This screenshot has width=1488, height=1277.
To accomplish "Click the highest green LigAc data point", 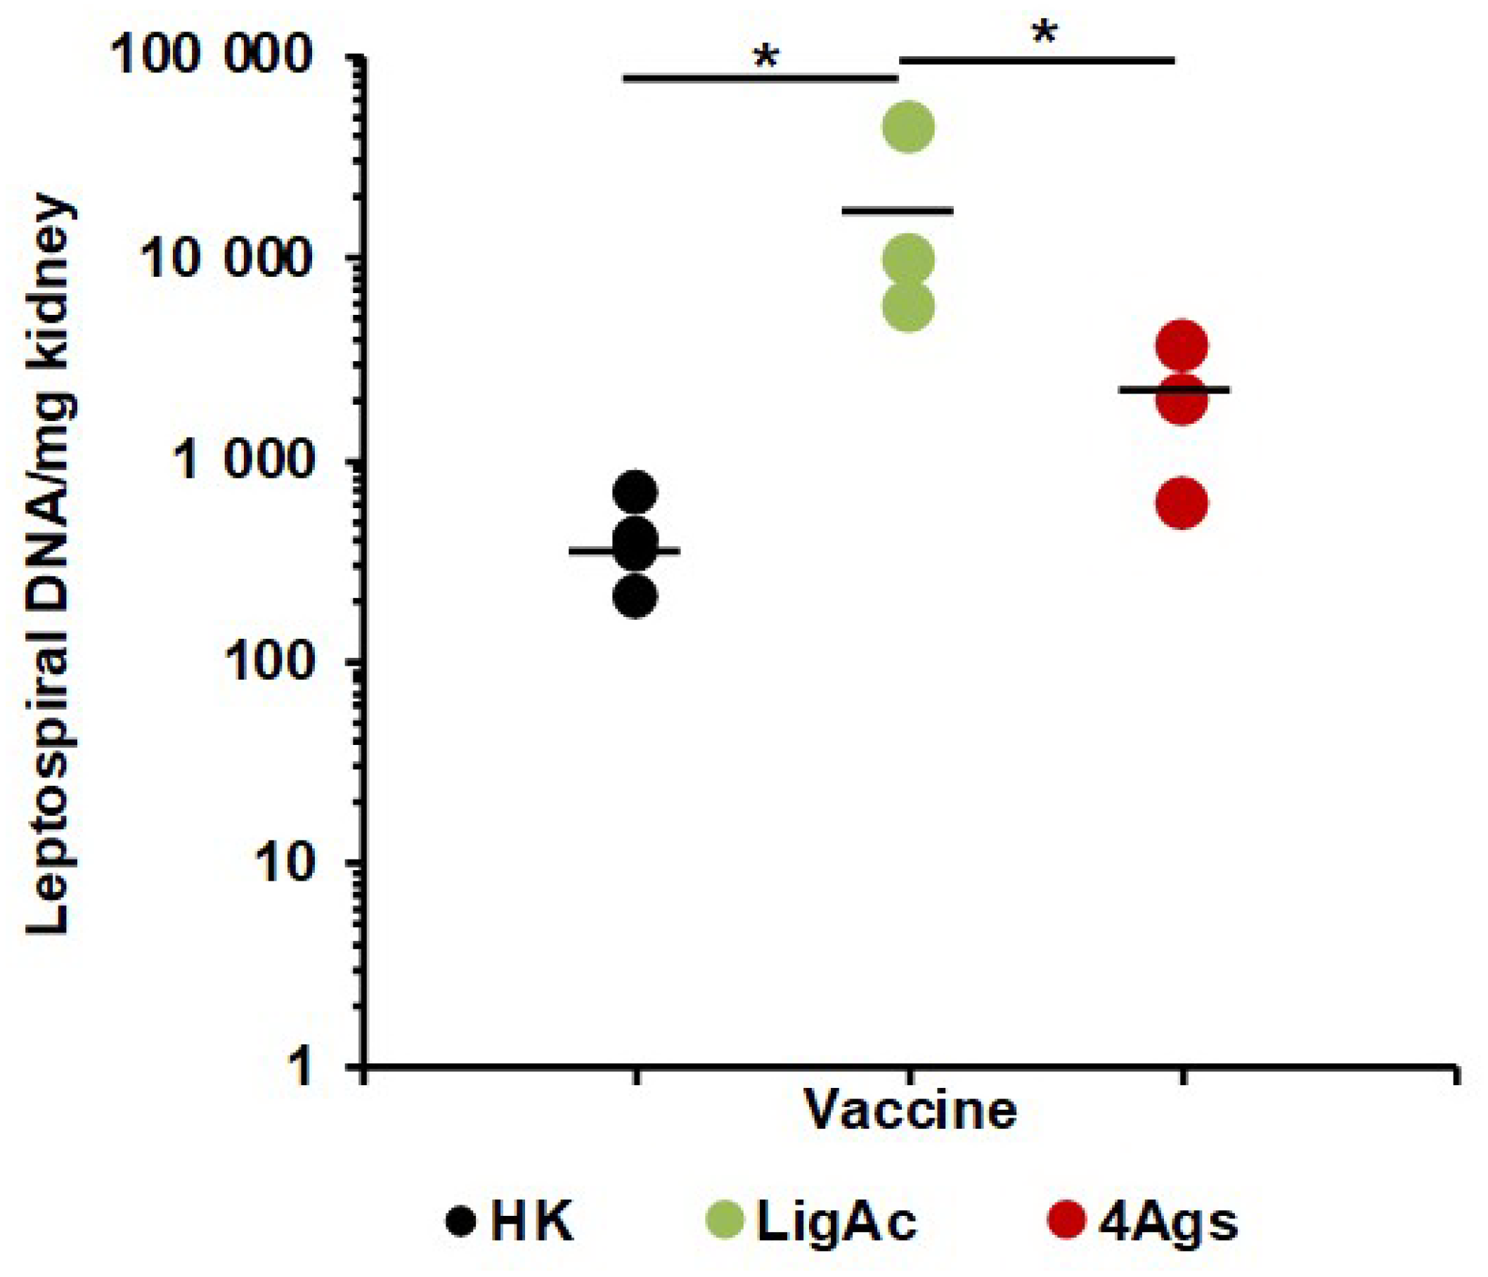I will (908, 127).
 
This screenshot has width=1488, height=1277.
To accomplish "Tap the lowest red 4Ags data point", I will (1182, 503).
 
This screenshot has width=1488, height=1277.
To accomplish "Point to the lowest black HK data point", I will (635, 595).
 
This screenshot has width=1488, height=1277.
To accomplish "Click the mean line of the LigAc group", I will (898, 210).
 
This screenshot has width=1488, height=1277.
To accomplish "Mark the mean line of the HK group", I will (623, 551).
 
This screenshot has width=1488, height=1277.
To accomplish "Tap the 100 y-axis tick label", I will (269, 662).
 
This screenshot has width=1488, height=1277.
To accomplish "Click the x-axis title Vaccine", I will (910, 1110).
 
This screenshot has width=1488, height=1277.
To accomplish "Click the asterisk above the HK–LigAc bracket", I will (766, 58).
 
